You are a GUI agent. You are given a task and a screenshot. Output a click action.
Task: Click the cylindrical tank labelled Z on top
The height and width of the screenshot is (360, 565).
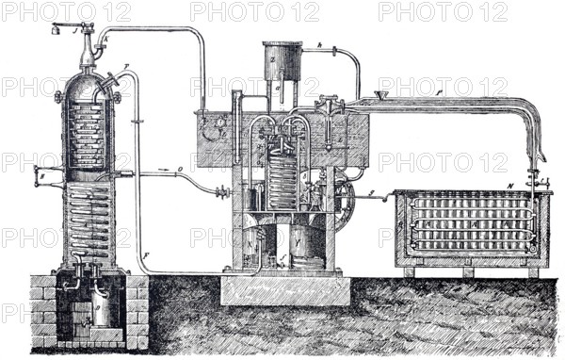click(282, 61)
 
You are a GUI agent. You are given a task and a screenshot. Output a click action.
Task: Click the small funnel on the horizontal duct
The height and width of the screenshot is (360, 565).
click(380, 95)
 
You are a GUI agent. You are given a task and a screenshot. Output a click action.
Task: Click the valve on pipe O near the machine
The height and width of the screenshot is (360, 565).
click(222, 192)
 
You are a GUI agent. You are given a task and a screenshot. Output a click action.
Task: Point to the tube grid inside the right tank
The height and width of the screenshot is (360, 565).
click(466, 222)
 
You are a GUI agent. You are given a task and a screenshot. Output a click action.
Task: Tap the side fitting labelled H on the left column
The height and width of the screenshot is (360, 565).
click(40, 174)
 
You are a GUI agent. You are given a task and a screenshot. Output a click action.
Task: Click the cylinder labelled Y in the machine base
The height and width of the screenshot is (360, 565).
click(306, 247)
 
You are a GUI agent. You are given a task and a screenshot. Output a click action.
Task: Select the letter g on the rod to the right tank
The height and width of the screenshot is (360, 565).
click(371, 194)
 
